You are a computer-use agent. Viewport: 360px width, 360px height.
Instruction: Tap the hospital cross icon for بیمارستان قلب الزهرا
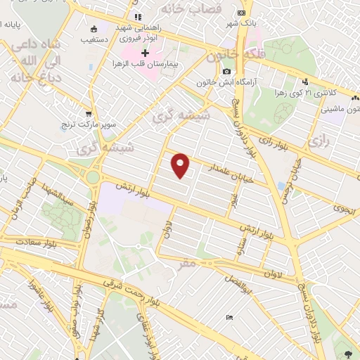[146, 53]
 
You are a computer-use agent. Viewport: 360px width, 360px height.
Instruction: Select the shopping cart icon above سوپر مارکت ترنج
[89, 113]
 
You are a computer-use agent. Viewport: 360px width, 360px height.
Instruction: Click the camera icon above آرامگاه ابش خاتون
[226, 72]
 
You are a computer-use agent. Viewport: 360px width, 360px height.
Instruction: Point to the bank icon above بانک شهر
[242, 12]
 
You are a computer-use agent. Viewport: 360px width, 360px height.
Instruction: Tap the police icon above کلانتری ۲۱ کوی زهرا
[304, 80]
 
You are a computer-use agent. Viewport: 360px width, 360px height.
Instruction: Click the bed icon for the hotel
[228, 318]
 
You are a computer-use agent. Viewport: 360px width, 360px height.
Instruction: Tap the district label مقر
[186, 265]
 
